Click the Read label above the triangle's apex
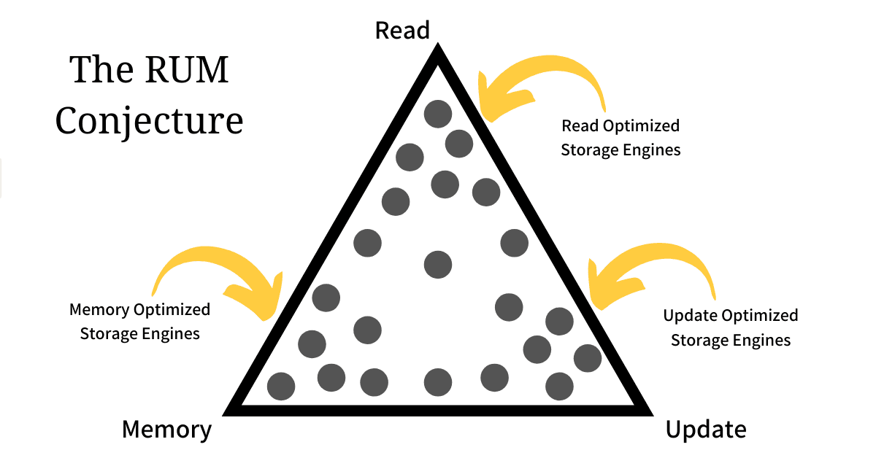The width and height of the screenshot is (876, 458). tap(402, 30)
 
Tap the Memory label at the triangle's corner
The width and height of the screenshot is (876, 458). tap(166, 429)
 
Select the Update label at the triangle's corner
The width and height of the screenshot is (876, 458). tap(705, 429)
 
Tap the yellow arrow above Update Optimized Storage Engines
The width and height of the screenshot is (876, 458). tap(650, 273)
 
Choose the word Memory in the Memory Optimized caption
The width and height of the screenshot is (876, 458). tap(99, 310)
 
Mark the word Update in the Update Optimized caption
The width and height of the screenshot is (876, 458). tap(690, 316)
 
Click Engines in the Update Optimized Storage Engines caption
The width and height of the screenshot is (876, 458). tap(763, 340)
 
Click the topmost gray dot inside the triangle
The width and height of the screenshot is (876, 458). tap(438, 113)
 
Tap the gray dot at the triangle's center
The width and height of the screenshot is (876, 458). tap(437, 264)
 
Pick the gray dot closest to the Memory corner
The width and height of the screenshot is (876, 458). tap(281, 386)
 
